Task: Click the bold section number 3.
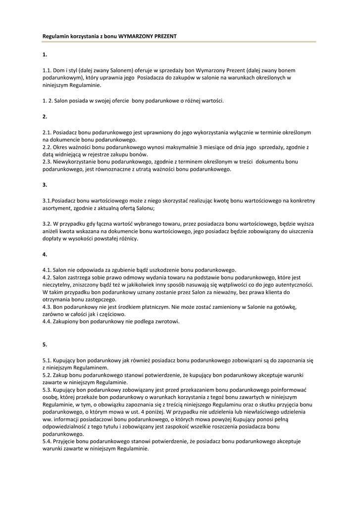click(x=45, y=185)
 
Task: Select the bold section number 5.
click(x=45, y=345)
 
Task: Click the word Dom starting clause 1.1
click(x=59, y=70)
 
